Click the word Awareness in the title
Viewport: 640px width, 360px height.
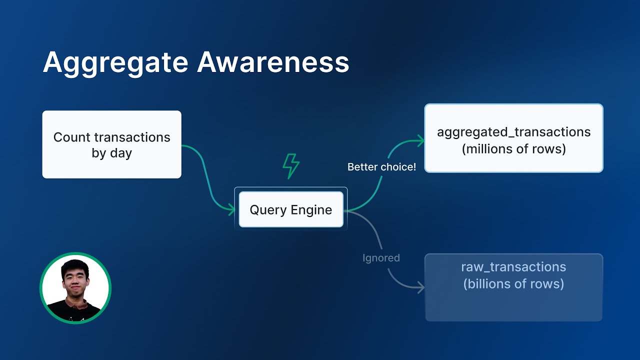point(273,62)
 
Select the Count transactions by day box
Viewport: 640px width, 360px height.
point(111,144)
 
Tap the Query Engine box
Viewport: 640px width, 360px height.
point(291,209)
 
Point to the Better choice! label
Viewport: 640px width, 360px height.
point(381,167)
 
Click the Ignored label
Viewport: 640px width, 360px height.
point(381,258)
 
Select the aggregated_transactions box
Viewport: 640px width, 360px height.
point(513,138)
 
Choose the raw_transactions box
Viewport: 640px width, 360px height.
point(513,287)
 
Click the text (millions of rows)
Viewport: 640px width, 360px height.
point(513,149)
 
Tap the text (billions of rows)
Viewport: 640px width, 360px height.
point(513,283)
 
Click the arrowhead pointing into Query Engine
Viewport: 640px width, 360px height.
point(231,209)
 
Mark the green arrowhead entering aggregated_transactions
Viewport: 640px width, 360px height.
point(421,140)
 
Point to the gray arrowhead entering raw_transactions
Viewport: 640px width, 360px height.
point(421,287)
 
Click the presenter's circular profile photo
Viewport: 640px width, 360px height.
point(75,288)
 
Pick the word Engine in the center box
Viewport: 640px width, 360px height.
point(311,210)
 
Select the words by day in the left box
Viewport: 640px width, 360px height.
point(111,153)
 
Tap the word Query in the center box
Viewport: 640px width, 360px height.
point(268,210)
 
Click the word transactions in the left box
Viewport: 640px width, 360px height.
point(132,137)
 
